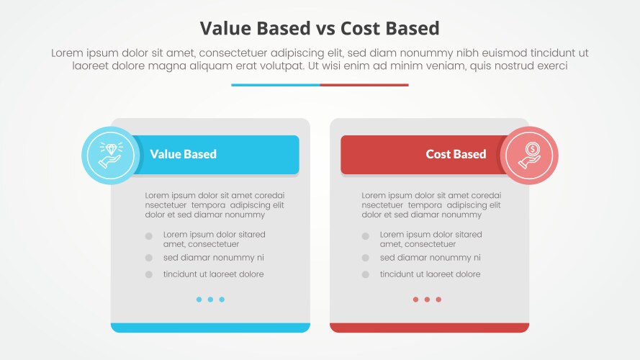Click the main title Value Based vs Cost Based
tap(320, 28)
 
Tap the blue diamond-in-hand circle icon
tap(111, 155)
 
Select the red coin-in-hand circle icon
tap(529, 155)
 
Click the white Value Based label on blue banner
tap(183, 154)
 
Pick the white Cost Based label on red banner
tap(456, 154)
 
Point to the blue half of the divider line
tap(276, 85)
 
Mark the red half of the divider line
tap(364, 85)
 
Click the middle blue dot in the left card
tap(210, 300)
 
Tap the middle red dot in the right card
tap(427, 300)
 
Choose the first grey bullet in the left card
tap(149, 236)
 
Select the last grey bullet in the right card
tap(366, 274)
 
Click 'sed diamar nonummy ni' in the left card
tap(213, 258)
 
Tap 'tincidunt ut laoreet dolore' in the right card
tap(430, 274)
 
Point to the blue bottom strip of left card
tap(210, 328)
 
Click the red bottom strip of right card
tap(429, 328)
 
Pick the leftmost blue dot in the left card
tap(199, 300)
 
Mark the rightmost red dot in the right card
tap(438, 300)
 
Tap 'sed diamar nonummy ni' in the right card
tap(430, 258)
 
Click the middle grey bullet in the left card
tap(149, 258)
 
